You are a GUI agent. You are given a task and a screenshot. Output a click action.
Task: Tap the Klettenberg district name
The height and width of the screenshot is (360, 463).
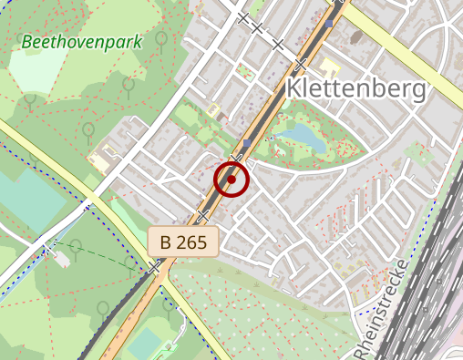click(x=355, y=88)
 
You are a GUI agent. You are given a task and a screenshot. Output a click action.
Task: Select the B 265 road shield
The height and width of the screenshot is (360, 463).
click(x=184, y=242)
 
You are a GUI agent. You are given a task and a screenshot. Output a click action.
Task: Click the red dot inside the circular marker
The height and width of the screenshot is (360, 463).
click(x=231, y=180)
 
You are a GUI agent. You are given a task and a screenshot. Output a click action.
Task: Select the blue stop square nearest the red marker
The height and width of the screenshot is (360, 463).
click(x=246, y=143)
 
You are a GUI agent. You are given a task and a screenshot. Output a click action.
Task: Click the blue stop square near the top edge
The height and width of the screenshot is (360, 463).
click(x=330, y=26)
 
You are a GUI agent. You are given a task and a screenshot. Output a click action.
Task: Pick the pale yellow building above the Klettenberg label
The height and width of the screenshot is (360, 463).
click(x=329, y=68)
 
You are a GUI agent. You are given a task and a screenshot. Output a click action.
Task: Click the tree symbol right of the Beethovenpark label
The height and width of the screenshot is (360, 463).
click(x=160, y=39)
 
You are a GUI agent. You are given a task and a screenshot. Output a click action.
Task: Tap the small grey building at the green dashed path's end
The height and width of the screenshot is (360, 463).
click(x=61, y=258)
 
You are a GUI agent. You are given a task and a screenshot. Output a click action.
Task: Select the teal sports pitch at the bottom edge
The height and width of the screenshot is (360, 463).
click(x=146, y=344)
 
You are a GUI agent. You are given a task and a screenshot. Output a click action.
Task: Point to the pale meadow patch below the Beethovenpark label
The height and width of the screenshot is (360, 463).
click(x=36, y=69)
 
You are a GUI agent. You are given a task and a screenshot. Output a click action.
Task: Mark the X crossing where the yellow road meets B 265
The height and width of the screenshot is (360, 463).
click(x=155, y=268)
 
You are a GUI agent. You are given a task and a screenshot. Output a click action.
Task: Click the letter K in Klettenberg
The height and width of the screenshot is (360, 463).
click(x=296, y=88)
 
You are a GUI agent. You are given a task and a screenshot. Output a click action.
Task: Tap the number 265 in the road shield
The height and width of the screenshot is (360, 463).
click(x=193, y=242)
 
